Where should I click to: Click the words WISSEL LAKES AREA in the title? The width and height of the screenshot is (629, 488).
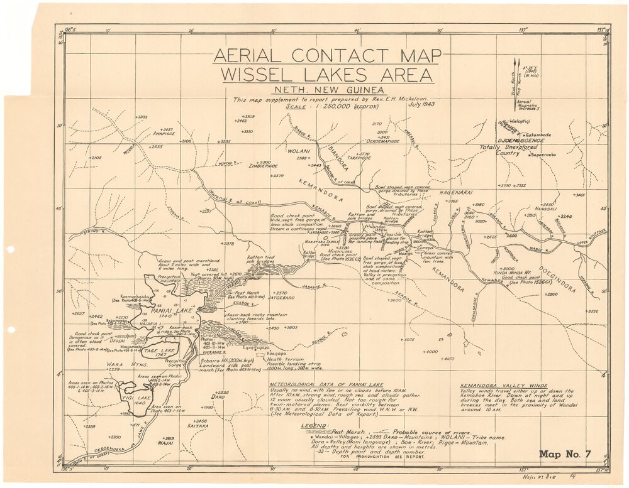[326, 76]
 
